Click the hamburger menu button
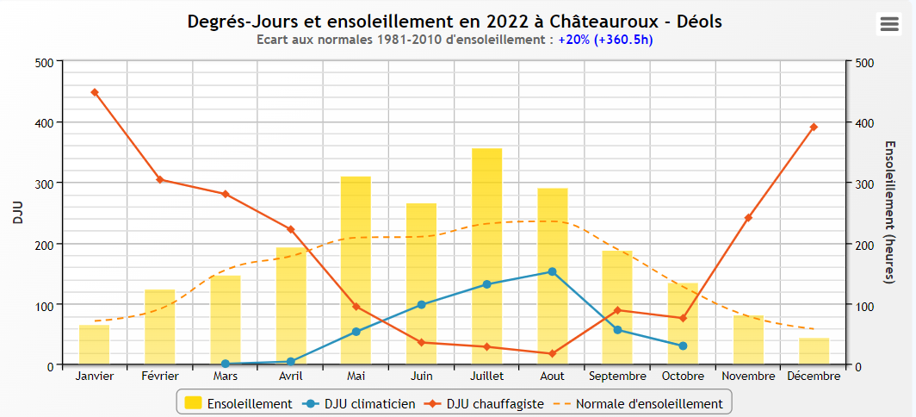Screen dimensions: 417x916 (x=888, y=24)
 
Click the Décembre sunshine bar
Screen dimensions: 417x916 (x=814, y=352)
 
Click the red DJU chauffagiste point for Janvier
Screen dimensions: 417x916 (x=95, y=92)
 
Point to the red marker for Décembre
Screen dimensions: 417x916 (x=814, y=127)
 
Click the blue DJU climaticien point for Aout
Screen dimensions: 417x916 (x=552, y=271)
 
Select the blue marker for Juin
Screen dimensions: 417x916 (x=421, y=304)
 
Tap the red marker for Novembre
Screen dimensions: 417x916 (x=748, y=217)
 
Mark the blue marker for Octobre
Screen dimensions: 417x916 (x=683, y=345)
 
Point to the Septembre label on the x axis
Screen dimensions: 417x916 (x=617, y=377)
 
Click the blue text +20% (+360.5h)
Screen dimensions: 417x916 (x=605, y=40)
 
